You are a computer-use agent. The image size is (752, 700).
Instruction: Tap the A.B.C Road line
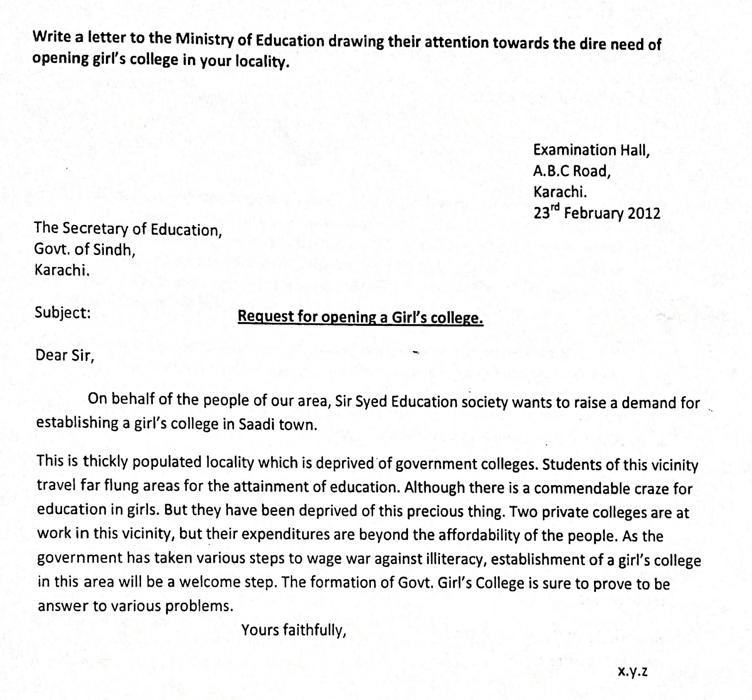tap(572, 171)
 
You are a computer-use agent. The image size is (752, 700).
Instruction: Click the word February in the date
tap(594, 213)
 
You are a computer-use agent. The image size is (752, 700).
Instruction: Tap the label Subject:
tap(63, 313)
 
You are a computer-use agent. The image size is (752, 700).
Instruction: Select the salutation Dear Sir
tap(64, 355)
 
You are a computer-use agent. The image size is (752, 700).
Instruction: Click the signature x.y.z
tap(632, 672)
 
